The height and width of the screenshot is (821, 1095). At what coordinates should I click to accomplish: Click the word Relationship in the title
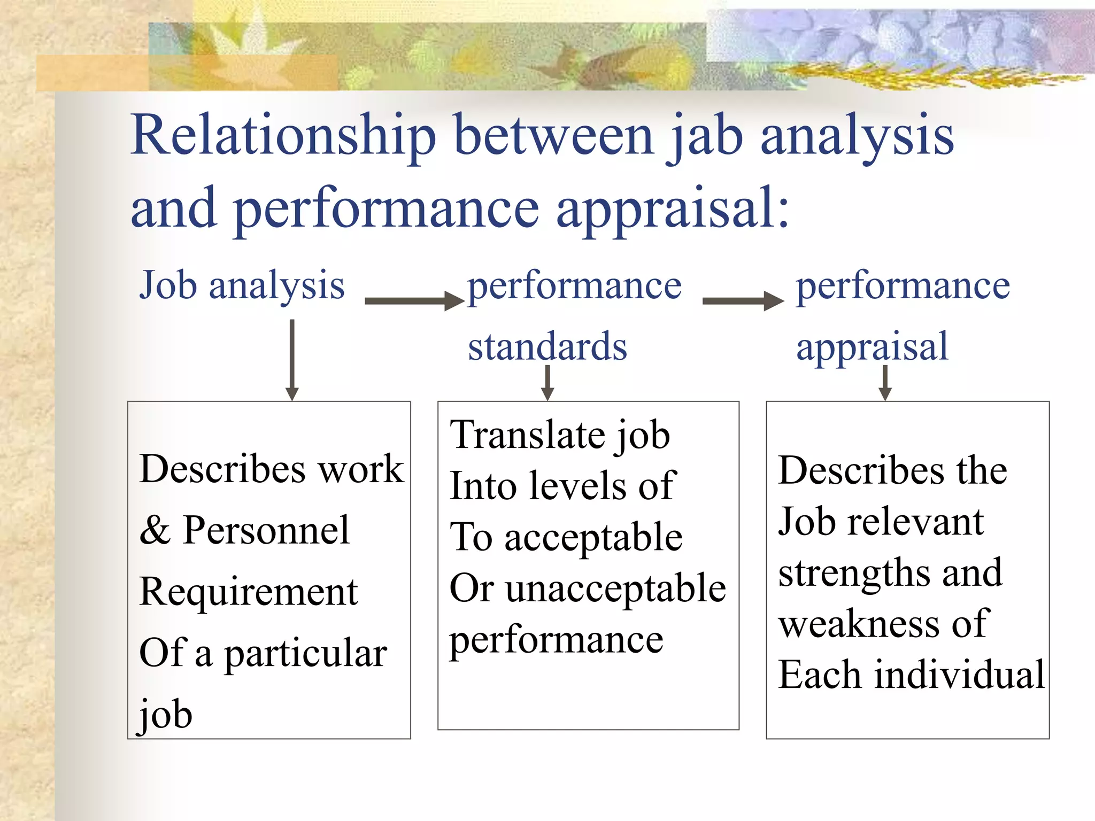click(283, 136)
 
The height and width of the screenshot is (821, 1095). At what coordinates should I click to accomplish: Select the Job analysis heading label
click(242, 286)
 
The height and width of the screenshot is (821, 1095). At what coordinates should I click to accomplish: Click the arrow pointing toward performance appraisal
click(743, 301)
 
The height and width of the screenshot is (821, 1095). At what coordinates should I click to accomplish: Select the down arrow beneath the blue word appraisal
click(885, 383)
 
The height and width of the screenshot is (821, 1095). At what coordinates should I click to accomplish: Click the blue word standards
click(547, 346)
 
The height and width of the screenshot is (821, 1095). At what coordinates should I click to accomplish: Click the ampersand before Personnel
click(155, 531)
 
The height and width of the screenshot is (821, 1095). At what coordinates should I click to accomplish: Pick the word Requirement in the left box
click(248, 592)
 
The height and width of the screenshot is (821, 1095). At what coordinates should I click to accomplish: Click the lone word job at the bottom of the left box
click(165, 714)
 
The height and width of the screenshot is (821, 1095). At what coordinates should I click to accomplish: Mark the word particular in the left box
click(305, 654)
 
